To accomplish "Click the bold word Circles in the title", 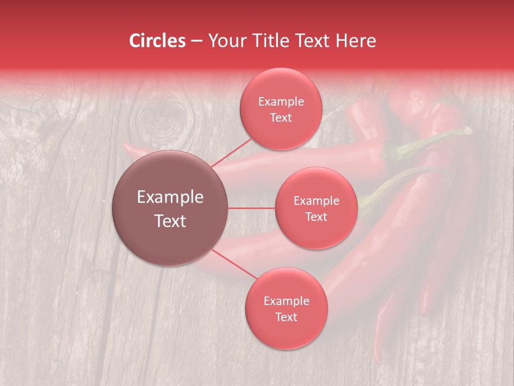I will (x=157, y=41).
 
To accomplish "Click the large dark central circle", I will (x=170, y=208).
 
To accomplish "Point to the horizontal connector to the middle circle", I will (x=252, y=208).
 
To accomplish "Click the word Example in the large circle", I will (x=170, y=197).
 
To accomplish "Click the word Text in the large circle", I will (x=170, y=221).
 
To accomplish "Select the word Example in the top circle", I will (x=281, y=101).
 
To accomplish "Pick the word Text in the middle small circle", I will (x=316, y=217).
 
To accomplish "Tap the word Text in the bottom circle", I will (x=286, y=317).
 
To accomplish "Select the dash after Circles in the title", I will (x=196, y=41).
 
